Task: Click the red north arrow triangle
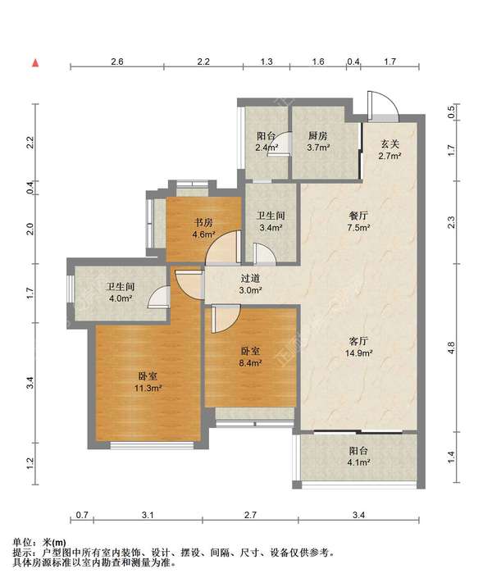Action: click(x=35, y=63)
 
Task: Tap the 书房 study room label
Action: click(x=203, y=223)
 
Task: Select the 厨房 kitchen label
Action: click(x=318, y=135)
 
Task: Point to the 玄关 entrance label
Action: click(x=389, y=143)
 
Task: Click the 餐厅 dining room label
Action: click(x=358, y=216)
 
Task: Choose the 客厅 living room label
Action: click(x=358, y=341)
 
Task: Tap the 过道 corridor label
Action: click(x=250, y=278)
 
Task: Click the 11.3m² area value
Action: click(x=148, y=389)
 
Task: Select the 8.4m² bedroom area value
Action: click(x=250, y=362)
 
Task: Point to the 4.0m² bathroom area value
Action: click(x=121, y=298)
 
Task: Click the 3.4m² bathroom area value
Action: click(x=271, y=227)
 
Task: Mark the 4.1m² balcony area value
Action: click(x=358, y=462)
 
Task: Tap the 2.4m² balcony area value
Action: click(x=266, y=148)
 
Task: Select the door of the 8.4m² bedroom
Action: click(x=225, y=319)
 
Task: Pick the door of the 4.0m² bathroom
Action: click(x=159, y=296)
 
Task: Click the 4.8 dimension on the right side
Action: click(x=451, y=348)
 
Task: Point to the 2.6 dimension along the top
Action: click(x=117, y=61)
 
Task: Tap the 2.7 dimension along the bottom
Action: click(x=250, y=515)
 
